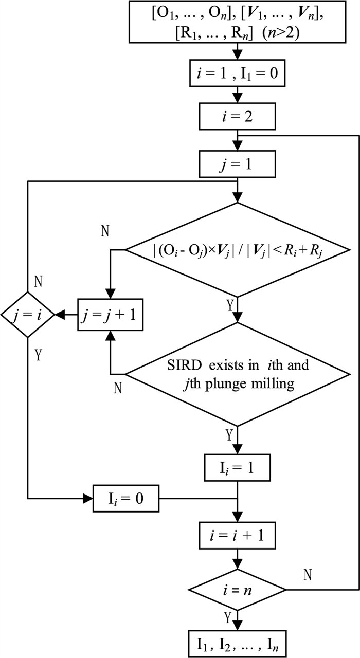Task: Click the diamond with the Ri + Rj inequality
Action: [238, 250]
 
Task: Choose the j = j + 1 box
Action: [111, 315]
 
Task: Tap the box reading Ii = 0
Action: [126, 498]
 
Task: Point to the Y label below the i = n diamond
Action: [228, 616]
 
